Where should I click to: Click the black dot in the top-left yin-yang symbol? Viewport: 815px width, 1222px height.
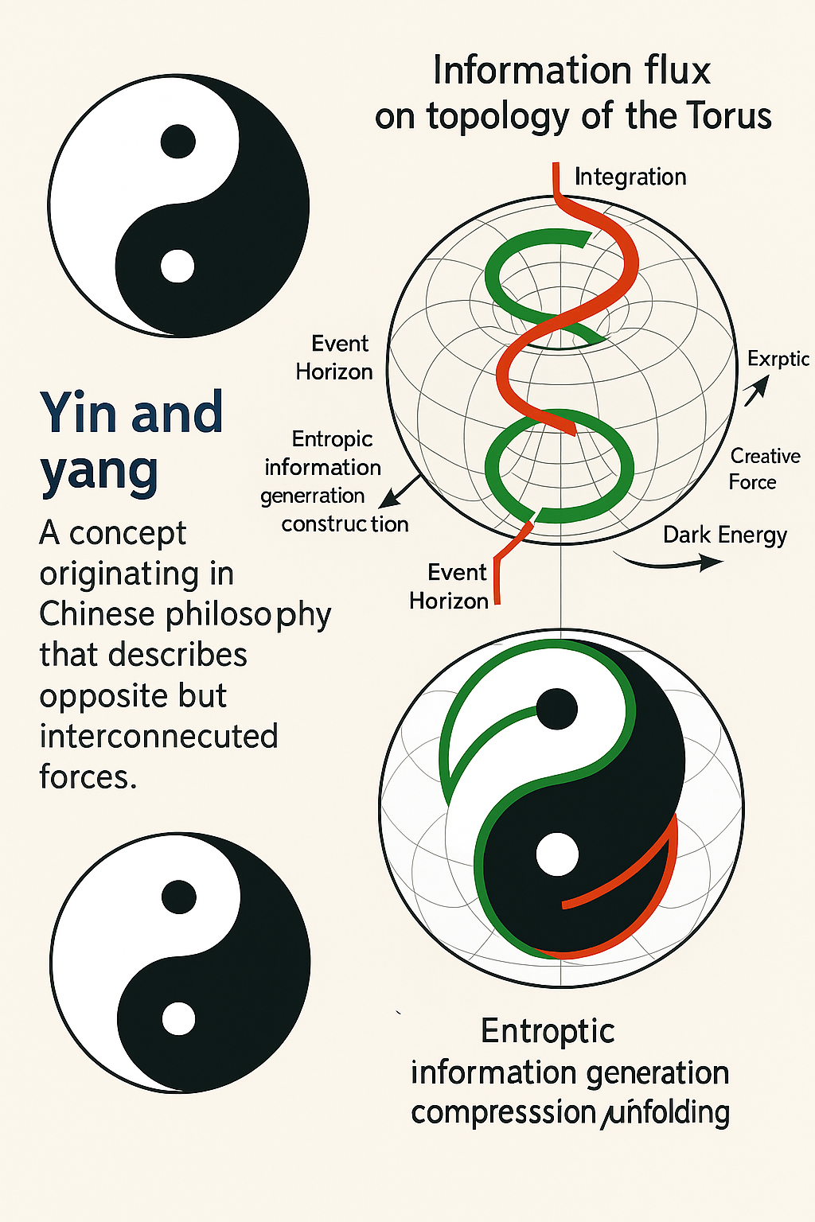[x=177, y=142]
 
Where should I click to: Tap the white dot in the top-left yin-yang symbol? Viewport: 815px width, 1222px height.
[x=177, y=267]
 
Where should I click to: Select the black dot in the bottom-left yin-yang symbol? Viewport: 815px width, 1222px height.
[x=178, y=897]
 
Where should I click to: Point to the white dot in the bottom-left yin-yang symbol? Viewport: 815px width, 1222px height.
[x=178, y=1019]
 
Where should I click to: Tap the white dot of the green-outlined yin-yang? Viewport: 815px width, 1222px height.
[x=557, y=854]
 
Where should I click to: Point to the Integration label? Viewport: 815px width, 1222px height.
[x=630, y=177]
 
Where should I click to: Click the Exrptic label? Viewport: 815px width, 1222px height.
[x=778, y=359]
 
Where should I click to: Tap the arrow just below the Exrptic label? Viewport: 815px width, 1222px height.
[x=756, y=390]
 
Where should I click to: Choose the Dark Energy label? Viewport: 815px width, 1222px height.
[x=724, y=535]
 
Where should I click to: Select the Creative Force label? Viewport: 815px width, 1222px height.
[x=763, y=469]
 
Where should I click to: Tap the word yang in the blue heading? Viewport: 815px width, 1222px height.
[x=99, y=471]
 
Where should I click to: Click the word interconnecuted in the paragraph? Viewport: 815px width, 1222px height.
[x=158, y=737]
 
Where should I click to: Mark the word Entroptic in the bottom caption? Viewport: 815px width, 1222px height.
[x=548, y=1031]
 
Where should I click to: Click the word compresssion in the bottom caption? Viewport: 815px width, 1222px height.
[x=503, y=1112]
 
